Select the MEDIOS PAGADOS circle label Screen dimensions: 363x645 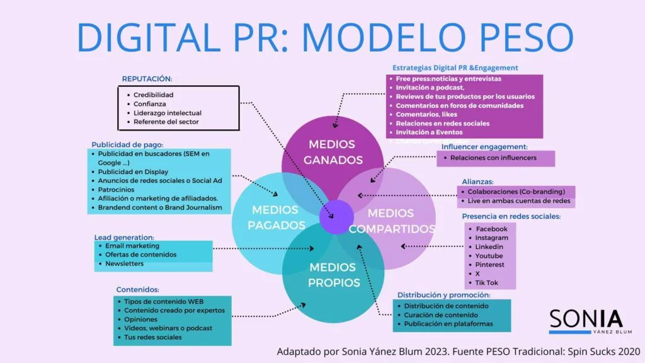click(x=276, y=217)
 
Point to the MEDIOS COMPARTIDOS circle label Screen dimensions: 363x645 click(x=392, y=221)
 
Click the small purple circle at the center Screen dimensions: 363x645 click(x=336, y=217)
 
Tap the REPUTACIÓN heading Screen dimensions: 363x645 click(x=147, y=79)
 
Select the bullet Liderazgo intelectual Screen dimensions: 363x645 click(x=167, y=113)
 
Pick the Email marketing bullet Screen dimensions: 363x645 click(x=132, y=246)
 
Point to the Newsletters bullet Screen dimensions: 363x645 click(x=124, y=263)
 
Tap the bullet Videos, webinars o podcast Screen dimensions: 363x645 click(x=168, y=328)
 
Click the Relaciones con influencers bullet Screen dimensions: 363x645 click(x=493, y=158)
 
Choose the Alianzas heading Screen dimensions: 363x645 click(x=477, y=181)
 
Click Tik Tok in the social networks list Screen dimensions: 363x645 click(x=487, y=283)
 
